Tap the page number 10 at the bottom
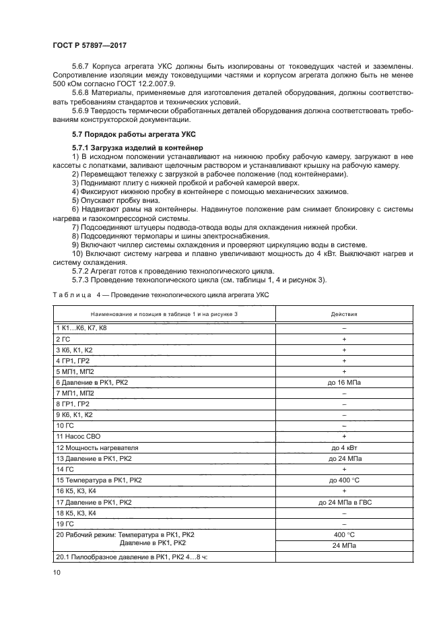point(57,572)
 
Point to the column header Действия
point(343,314)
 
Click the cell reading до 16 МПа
point(343,382)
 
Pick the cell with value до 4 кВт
point(343,447)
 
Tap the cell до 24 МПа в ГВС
point(343,502)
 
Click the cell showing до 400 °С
point(343,480)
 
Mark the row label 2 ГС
point(63,338)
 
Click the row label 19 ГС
point(65,524)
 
